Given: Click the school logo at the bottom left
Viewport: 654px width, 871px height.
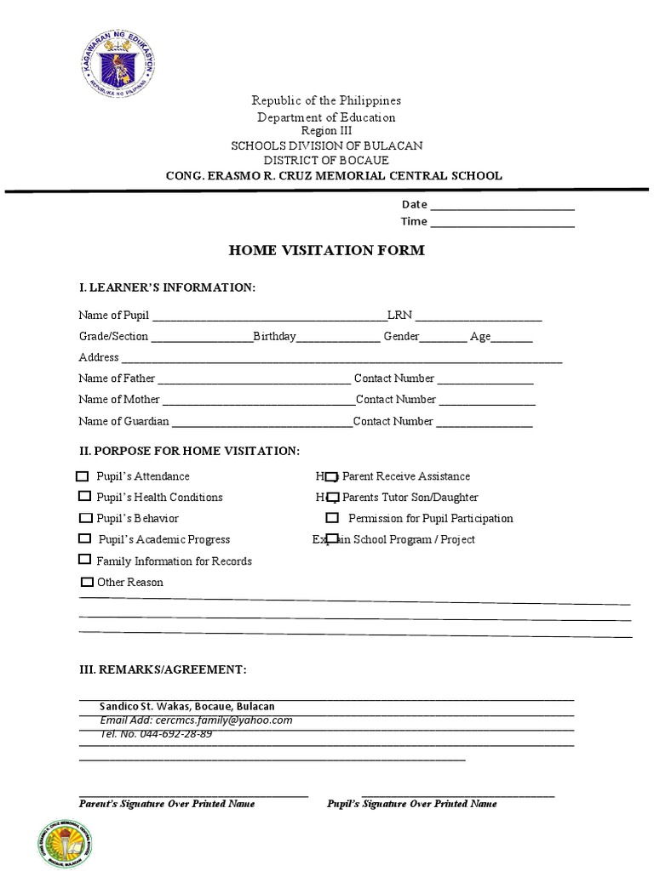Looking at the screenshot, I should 64,831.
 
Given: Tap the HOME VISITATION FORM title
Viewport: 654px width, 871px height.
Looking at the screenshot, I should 326,250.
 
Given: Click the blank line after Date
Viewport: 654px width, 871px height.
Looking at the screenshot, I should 502,205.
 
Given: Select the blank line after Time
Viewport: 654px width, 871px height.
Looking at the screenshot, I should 502,222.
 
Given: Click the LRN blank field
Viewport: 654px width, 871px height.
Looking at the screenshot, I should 479,316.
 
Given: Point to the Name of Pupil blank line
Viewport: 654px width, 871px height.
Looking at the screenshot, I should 268,316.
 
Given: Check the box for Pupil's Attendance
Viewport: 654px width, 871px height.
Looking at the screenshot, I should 83,476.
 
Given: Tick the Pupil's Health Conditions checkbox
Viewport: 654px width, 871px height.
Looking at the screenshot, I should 84,497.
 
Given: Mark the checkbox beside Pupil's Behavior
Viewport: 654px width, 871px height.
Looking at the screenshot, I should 85,518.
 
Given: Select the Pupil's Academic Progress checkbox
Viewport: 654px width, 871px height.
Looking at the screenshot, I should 84,538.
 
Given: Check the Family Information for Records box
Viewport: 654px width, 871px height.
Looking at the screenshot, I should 84,560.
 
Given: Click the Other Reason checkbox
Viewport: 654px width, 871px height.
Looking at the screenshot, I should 86,583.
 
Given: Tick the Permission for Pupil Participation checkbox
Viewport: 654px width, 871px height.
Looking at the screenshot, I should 332,518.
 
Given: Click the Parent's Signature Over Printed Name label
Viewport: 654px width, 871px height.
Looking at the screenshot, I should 167,804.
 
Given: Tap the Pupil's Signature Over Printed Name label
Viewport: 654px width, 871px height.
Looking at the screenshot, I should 412,804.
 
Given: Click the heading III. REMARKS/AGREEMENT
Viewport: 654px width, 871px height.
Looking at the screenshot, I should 163,670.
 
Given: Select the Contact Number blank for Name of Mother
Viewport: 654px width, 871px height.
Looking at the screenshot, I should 487,400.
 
